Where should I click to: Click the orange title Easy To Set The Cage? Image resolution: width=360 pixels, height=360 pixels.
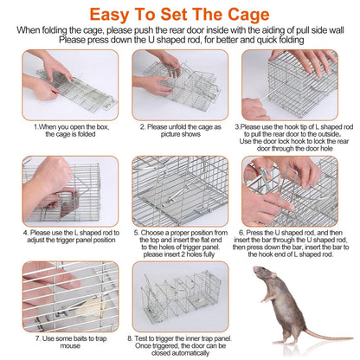pos(179,14)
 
